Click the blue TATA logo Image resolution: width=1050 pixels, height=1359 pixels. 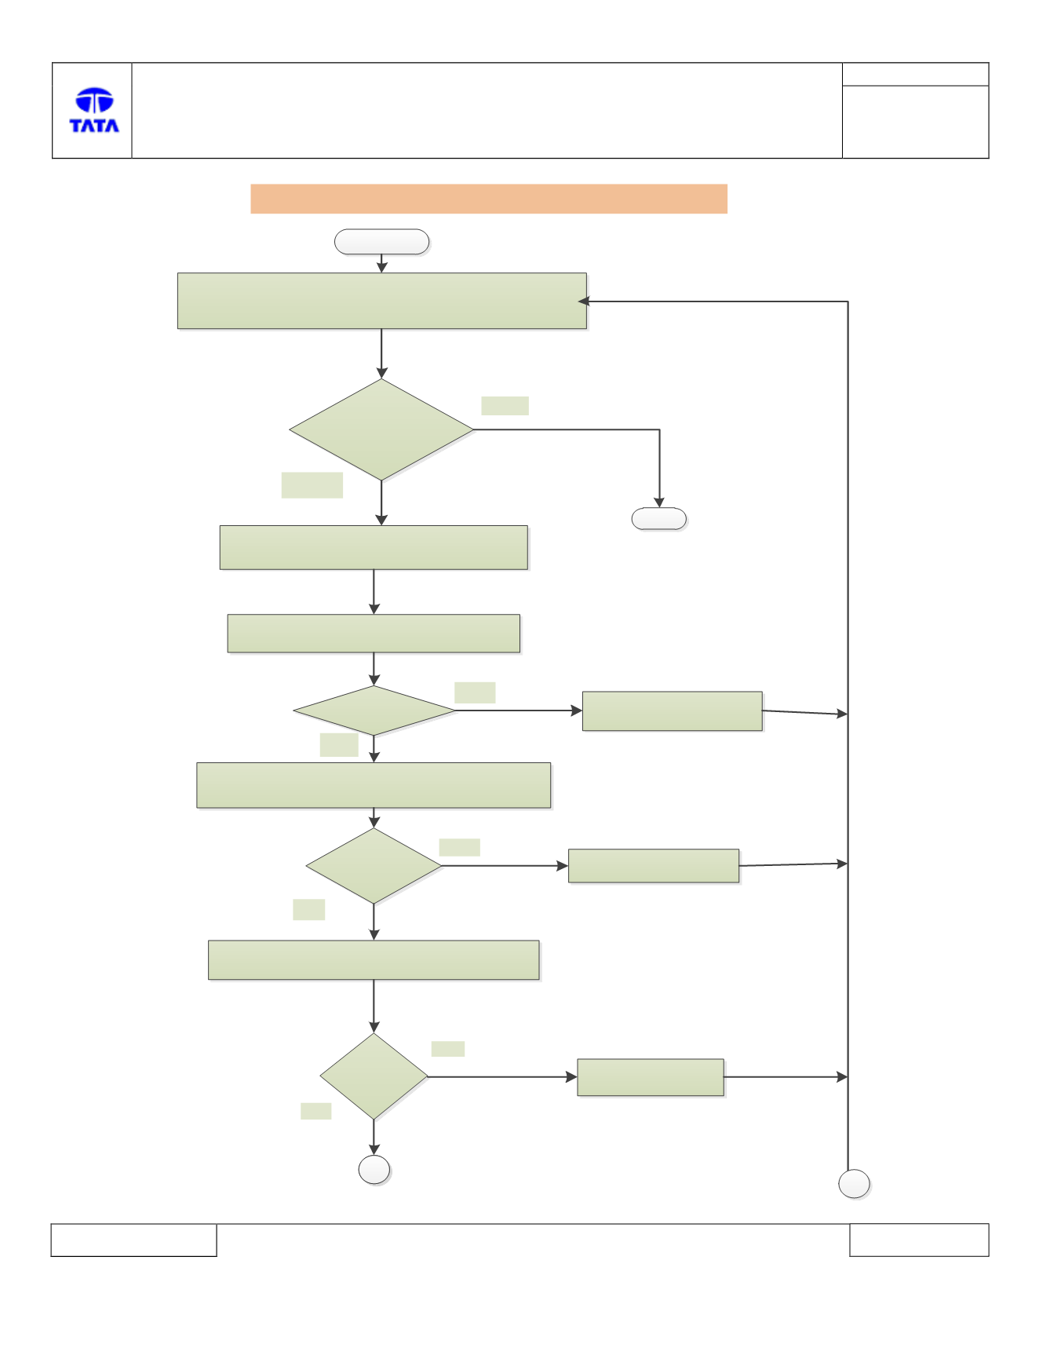[94, 110]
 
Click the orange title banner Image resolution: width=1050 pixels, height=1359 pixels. [489, 199]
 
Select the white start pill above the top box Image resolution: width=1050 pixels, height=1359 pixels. [381, 242]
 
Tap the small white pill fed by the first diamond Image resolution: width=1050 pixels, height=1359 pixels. [659, 519]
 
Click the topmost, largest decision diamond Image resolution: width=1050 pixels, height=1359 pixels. [381, 429]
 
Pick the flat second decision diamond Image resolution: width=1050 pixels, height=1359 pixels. [374, 711]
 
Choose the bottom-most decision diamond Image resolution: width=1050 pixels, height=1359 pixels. [374, 1076]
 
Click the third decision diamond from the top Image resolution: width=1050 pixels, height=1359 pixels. [374, 866]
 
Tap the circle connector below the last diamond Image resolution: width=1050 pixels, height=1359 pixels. [374, 1170]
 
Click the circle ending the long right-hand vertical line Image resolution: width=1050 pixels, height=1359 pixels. [854, 1184]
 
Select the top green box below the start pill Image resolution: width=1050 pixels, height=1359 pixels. [382, 301]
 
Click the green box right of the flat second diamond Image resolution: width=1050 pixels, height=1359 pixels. [673, 711]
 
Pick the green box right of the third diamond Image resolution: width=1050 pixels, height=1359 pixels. [654, 866]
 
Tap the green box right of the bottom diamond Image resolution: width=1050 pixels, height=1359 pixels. [651, 1077]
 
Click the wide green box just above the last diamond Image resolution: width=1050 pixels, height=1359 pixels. [374, 960]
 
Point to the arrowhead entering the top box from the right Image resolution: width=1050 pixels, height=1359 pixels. [583, 301]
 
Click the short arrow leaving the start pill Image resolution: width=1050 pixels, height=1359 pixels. [382, 264]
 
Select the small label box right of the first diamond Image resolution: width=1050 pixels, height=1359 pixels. [505, 406]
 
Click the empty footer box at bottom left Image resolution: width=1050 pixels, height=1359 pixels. [133, 1240]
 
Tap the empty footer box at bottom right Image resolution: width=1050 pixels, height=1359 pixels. [919, 1240]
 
